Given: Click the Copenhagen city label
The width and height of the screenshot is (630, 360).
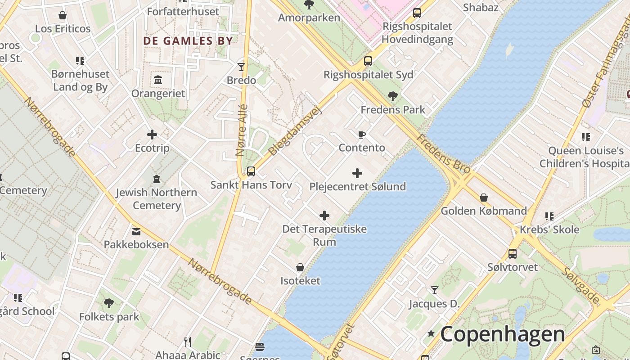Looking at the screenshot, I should point(502,334).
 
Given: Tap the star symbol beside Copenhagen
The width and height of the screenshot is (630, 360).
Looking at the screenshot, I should point(431,333).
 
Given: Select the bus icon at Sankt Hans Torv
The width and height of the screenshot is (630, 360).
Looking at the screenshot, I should point(251,171).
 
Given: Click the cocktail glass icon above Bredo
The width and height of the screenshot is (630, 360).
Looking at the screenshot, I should point(241,67).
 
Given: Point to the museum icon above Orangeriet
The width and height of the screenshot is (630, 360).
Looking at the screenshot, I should point(158,80).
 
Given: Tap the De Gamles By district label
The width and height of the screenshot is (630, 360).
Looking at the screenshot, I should point(188,41).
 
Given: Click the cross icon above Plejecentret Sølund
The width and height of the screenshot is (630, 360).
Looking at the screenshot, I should point(357,173).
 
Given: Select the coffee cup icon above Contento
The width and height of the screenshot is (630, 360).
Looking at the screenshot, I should point(361,135).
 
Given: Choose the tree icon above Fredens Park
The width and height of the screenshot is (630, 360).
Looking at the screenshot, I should point(392,96).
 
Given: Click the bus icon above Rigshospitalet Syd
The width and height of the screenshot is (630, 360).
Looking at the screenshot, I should point(368,61).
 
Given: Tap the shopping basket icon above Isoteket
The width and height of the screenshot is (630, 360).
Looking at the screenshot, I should point(300,268).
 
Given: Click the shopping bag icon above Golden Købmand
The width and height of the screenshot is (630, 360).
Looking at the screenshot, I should point(484,198).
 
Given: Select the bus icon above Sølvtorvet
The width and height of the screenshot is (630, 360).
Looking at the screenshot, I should point(513,254).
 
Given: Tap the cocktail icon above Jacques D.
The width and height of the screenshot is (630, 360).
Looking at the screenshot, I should point(434,290).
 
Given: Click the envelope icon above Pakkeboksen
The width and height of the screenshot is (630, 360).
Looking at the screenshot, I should point(136,231).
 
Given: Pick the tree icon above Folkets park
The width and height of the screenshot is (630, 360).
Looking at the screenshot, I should point(109,303).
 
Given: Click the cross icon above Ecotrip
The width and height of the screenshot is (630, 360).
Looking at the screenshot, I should point(152,135).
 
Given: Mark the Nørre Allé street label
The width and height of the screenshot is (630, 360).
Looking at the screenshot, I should point(242,130).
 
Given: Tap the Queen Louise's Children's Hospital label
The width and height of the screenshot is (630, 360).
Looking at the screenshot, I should point(585,157).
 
